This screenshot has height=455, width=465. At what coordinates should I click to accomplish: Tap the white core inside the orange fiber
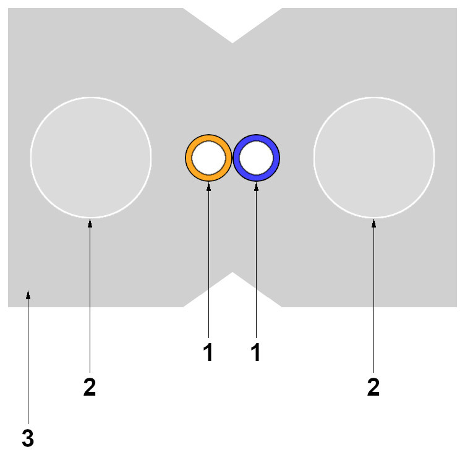208,158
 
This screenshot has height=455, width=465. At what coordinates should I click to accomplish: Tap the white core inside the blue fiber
256,158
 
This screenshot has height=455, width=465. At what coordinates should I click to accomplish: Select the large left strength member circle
90,158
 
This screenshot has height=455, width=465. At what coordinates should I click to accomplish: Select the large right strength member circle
373,158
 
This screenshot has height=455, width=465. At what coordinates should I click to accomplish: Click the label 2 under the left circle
90,388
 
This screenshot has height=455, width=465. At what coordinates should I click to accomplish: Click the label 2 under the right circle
373,388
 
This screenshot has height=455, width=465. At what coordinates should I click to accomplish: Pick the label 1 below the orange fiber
208,352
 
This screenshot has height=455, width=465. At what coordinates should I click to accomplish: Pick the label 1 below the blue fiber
255,352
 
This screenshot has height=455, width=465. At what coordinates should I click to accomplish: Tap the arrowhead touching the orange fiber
208,186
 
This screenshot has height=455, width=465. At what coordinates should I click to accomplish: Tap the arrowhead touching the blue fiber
255,186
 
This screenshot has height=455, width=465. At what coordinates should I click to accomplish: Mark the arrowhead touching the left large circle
90,223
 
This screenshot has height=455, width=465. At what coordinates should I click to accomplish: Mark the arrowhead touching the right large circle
373,223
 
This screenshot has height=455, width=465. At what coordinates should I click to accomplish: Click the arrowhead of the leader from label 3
28,296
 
